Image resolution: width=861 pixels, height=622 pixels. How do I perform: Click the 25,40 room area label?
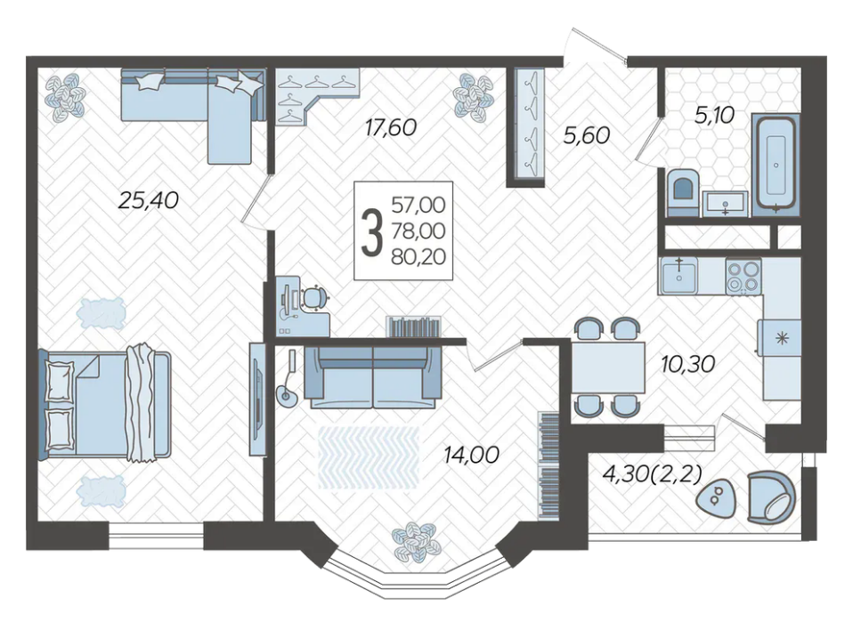point(149,200)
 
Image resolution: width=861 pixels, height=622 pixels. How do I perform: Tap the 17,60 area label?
point(391,128)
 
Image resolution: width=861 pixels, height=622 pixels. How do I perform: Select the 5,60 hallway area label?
point(587,135)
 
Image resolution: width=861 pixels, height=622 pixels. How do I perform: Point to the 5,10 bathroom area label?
point(714,116)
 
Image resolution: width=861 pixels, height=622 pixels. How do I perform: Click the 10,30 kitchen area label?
point(688,363)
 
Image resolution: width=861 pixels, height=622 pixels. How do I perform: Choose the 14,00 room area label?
point(472,455)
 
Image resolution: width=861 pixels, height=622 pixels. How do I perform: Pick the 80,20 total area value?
point(418,257)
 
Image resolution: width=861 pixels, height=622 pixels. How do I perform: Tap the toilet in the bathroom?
point(683,192)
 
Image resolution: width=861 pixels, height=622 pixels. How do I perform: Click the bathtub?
point(776,164)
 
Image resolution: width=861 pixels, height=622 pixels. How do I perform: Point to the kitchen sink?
point(678,276)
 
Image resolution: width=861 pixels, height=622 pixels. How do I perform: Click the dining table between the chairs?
point(608,367)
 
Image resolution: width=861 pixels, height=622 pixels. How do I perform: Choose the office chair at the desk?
point(314,297)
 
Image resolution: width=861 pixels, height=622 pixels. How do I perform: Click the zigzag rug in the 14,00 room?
point(369,458)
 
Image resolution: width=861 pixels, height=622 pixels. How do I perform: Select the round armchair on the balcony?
point(771,497)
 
